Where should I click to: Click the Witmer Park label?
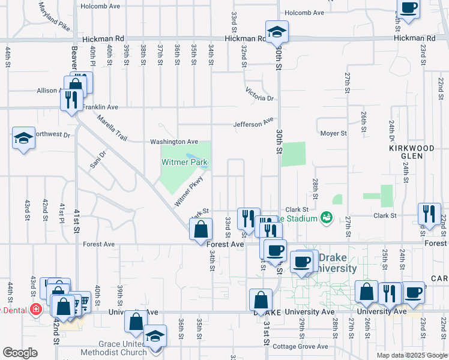pyautogui.click(x=184, y=162)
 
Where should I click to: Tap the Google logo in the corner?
pyautogui.click(x=19, y=353)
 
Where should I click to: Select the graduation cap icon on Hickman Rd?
pyautogui.click(x=277, y=32)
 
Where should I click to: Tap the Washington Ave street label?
pyautogui.click(x=174, y=142)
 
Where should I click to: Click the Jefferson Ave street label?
pyautogui.click(x=253, y=124)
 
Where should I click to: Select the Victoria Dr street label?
pyautogui.click(x=259, y=94)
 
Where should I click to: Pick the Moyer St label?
pyautogui.click(x=333, y=133)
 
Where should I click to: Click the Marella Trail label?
pyautogui.click(x=112, y=128)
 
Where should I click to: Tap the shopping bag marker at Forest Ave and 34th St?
pyautogui.click(x=200, y=229)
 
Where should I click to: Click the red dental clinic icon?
pyautogui.click(x=36, y=310)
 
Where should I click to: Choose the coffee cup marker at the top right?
pyautogui.click(x=409, y=9)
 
